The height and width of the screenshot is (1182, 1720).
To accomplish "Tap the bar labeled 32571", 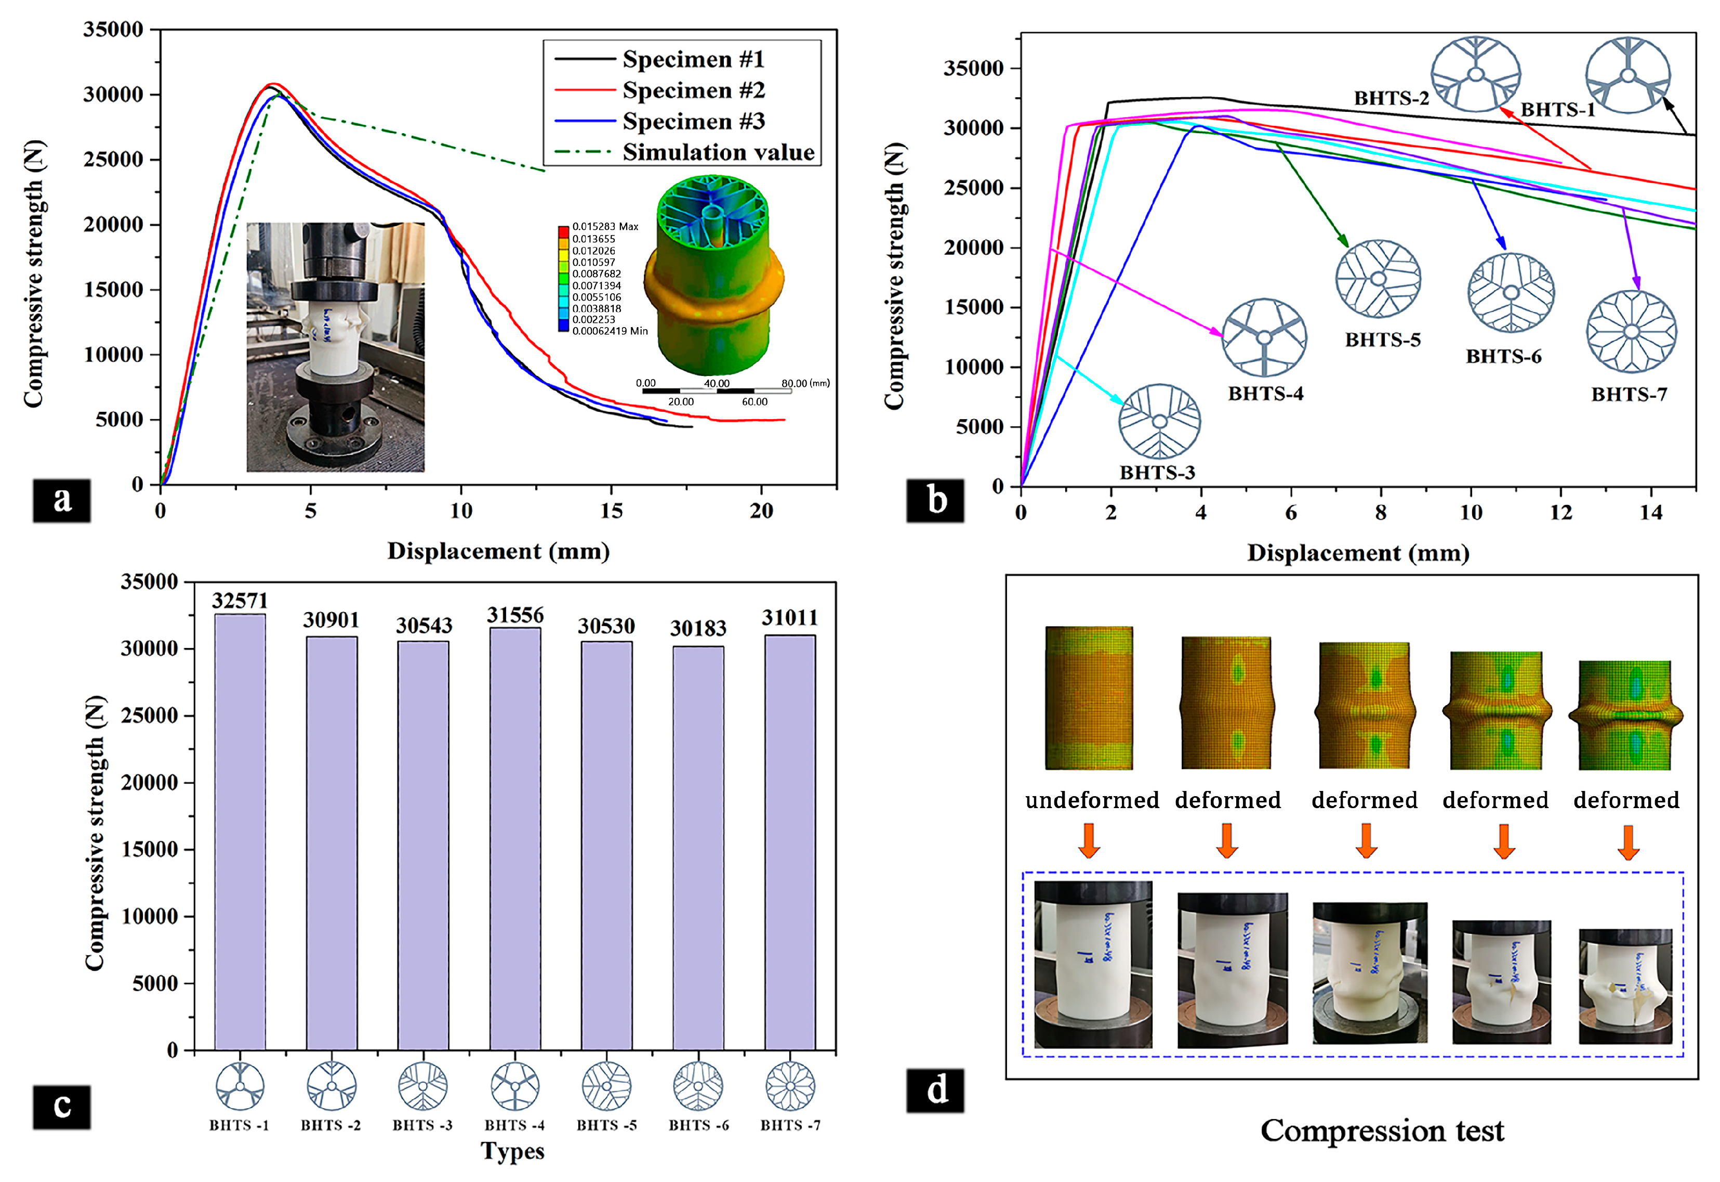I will click(240, 829).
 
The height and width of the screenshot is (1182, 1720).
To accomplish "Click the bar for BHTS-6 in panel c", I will click(698, 848).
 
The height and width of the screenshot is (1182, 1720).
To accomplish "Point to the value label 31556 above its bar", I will click(515, 615).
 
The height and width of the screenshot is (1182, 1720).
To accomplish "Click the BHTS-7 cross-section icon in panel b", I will click(1631, 332).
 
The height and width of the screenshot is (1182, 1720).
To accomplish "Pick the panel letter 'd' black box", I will click(935, 1090).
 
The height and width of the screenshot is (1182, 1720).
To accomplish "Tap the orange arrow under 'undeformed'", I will click(1088, 841).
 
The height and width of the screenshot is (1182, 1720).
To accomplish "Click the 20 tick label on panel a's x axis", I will click(761, 511).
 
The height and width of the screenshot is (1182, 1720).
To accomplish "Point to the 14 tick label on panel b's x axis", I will click(1650, 513).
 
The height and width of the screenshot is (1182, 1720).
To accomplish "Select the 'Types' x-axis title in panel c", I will click(512, 1152).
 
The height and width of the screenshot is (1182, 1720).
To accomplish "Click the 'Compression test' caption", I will click(1382, 1131).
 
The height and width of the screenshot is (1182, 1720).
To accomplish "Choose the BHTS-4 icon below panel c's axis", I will click(515, 1086).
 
